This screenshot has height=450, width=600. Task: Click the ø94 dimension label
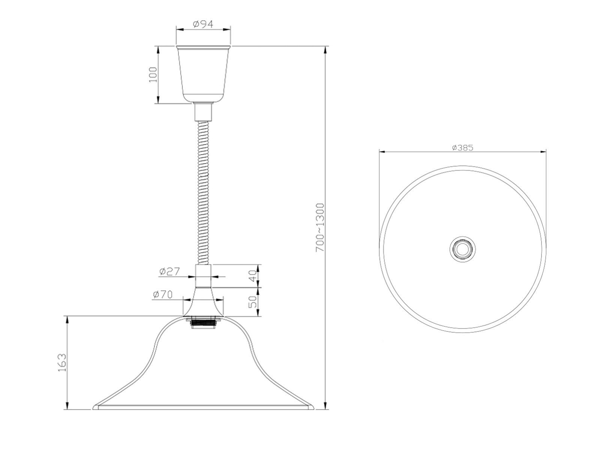tap(203, 24)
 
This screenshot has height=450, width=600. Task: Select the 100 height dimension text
tap(153, 75)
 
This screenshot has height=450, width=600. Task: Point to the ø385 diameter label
tap(462, 148)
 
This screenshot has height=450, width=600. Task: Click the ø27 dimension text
tap(169, 271)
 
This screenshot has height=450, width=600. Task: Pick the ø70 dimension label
tap(163, 294)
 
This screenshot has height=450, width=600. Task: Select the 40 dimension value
tap(253, 276)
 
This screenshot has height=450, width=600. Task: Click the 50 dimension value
tap(253, 301)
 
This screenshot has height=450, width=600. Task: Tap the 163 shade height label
tap(62, 363)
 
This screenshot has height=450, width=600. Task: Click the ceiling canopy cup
tap(203, 74)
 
